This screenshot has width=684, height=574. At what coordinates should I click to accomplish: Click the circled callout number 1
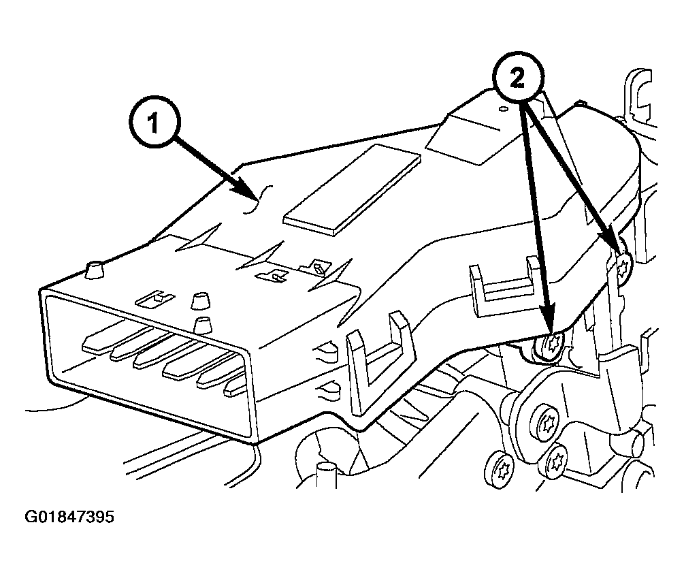pyautogui.click(x=153, y=125)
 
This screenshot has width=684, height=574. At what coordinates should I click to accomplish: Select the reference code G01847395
pyautogui.click(x=69, y=517)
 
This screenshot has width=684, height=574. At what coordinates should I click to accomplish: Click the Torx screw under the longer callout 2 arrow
pyautogui.click(x=549, y=344)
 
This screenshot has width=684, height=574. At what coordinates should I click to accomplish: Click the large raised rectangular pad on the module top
pyautogui.click(x=351, y=187)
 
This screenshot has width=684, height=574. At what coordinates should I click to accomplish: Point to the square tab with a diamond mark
pyautogui.click(x=318, y=267)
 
